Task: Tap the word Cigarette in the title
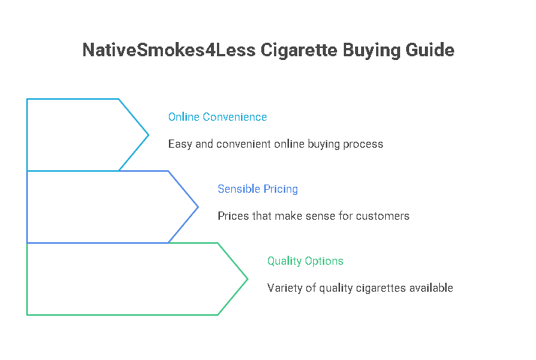click(x=285, y=51)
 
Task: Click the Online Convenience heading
click(x=217, y=117)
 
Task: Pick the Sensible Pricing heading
click(x=257, y=189)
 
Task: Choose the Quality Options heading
click(x=305, y=261)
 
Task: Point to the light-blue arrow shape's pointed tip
click(x=149, y=135)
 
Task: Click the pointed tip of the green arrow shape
click(x=248, y=279)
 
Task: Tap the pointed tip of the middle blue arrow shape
click(x=198, y=207)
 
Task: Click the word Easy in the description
click(x=179, y=144)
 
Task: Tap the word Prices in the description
click(x=233, y=216)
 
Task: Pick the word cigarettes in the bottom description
click(x=375, y=288)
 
